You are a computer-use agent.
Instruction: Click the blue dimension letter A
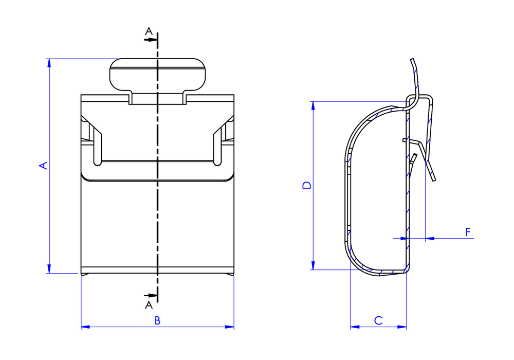pyautogui.click(x=43, y=166)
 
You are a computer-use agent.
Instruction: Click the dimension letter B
pyautogui.click(x=157, y=320)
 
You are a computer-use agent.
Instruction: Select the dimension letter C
pyautogui.click(x=378, y=320)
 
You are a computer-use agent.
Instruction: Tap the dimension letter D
pyautogui.click(x=307, y=185)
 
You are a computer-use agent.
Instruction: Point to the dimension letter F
pyautogui.click(x=468, y=232)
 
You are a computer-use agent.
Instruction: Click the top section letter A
pyautogui.click(x=149, y=31)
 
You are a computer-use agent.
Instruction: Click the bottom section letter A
pyautogui.click(x=149, y=305)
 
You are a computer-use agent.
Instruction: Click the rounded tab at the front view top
pyautogui.click(x=157, y=75)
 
